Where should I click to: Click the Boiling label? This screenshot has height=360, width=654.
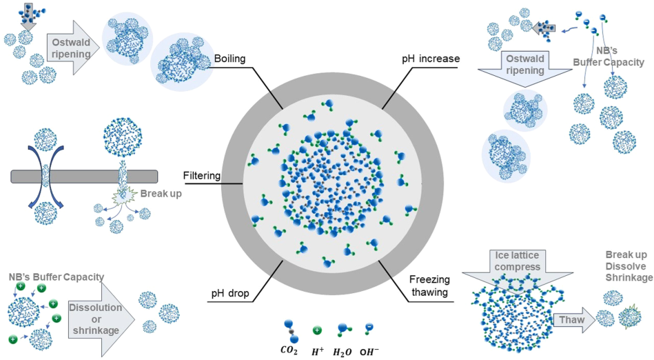pyautogui.click(x=229, y=59)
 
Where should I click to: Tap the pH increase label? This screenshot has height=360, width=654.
pyautogui.click(x=431, y=59)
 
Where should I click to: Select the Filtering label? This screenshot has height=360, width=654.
pyautogui.click(x=202, y=176)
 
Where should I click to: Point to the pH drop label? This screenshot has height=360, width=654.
pyautogui.click(x=230, y=293)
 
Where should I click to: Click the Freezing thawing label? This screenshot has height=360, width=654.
pyautogui.click(x=429, y=286)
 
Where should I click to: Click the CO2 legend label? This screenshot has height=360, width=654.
pyautogui.click(x=289, y=351)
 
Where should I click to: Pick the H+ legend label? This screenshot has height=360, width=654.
pyautogui.click(x=318, y=351)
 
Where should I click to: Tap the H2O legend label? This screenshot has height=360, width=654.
pyautogui.click(x=342, y=352)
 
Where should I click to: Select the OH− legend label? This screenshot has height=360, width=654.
pyautogui.click(x=369, y=351)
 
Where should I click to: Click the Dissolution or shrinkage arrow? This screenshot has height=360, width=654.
pyautogui.click(x=101, y=319)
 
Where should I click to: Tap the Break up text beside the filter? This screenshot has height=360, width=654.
pyautogui.click(x=161, y=193)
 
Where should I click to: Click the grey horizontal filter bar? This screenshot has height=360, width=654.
pyautogui.click(x=84, y=177)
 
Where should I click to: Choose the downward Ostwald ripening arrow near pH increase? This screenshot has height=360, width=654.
pyautogui.click(x=525, y=68)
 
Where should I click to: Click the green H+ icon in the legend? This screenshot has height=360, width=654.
pyautogui.click(x=318, y=330)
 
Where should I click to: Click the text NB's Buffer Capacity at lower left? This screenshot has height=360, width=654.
pyautogui.click(x=57, y=277)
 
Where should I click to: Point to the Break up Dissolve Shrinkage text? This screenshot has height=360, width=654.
pyautogui.click(x=629, y=266)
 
